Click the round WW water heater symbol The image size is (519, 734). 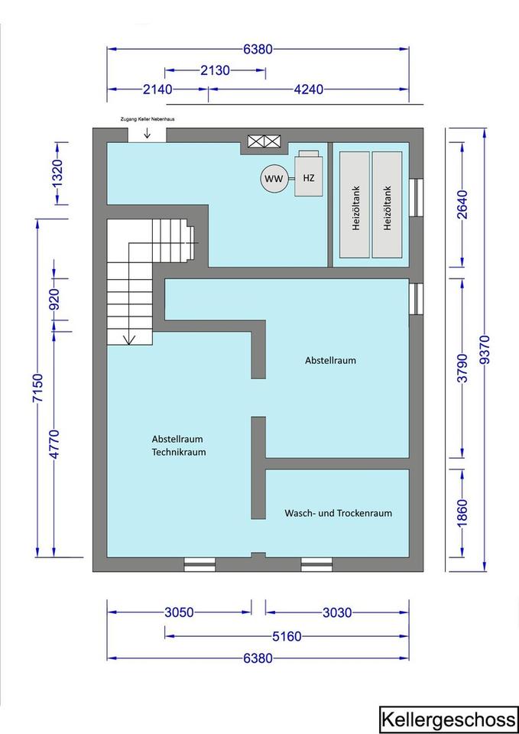274,179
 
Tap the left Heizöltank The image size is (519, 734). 355,205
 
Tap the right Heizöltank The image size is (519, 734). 387,205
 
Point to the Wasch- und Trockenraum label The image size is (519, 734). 339,513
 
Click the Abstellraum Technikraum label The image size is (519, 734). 179,446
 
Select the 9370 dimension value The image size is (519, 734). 485,349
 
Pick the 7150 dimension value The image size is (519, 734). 38,388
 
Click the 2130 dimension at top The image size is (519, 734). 216,70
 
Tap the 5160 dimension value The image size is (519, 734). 287,636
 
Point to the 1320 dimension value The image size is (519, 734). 57,174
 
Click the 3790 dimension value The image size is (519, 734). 462,368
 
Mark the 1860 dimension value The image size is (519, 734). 462,513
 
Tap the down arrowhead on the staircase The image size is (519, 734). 128,340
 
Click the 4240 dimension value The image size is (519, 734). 308,89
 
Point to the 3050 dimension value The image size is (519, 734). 179,612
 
